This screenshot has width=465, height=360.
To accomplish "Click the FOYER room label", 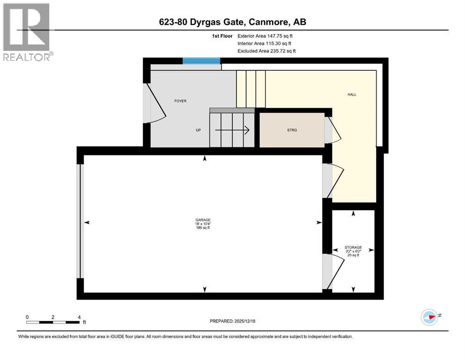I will pos(180,101).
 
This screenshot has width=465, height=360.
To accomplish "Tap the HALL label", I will pos(352,94).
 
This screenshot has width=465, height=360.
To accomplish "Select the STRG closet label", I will pos(292,130).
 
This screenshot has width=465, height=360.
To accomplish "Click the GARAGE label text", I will pos(203,220).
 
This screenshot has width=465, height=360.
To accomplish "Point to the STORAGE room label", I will pos(353,247).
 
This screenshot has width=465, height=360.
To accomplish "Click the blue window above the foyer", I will pos(201,61).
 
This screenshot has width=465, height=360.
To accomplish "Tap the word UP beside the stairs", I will pos(199,130).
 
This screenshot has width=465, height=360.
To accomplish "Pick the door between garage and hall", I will pos(332,180).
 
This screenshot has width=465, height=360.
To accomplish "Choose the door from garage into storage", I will pos(332,271).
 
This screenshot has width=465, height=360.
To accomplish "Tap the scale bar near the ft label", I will pos(52,322).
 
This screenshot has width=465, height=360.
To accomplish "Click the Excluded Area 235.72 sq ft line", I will pos(266,51).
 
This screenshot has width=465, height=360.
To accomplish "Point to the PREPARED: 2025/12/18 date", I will pos(232,321).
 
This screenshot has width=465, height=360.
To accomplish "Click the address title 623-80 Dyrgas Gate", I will pos(232,22).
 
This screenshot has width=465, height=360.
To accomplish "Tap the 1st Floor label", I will pos(221,36).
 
